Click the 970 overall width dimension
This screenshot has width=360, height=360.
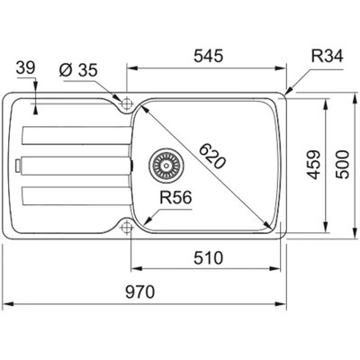click(139, 292)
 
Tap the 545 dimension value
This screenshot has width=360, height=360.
click(209, 56)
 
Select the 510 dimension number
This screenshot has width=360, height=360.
click(209, 258)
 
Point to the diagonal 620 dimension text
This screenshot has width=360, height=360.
click(211, 157)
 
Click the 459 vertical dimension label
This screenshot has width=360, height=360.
click(314, 165)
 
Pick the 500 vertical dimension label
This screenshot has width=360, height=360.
click(342, 165)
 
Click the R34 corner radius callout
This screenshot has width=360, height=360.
click(327, 56)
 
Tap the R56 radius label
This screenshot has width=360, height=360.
click(175, 198)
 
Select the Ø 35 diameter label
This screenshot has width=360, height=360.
click(78, 70)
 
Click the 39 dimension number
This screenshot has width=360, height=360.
click(26, 67)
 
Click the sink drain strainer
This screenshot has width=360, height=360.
click(166, 165)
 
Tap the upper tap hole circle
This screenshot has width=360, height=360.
click(127, 103)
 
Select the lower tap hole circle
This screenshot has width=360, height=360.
click(127, 227)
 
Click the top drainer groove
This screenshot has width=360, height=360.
click(76, 136)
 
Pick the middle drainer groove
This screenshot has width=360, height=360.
click(76, 166)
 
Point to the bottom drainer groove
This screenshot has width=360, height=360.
click(76, 196)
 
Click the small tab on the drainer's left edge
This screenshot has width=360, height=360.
click(18, 166)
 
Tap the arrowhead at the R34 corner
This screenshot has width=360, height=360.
click(288, 92)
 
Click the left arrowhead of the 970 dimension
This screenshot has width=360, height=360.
click(7, 304)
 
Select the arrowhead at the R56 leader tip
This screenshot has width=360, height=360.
click(148, 220)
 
